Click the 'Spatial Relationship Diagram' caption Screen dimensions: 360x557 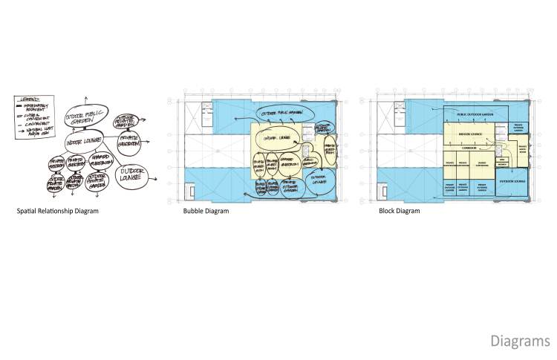(x=58, y=211)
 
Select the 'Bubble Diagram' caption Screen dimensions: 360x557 (x=206, y=211)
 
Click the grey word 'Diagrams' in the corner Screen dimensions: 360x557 (x=520, y=341)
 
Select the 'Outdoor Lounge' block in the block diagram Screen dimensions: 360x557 (x=510, y=180)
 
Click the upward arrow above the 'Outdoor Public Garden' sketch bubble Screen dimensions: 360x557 (x=85, y=99)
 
